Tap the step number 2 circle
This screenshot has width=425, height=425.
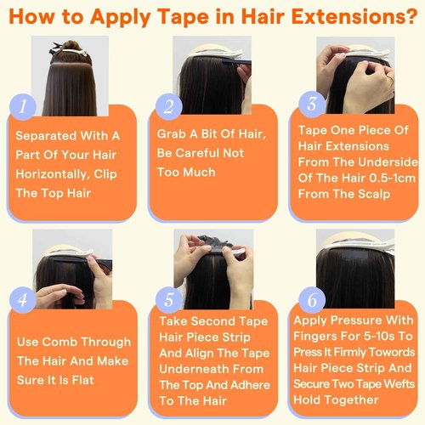[169, 107]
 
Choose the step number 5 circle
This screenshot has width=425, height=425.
[169, 300]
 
